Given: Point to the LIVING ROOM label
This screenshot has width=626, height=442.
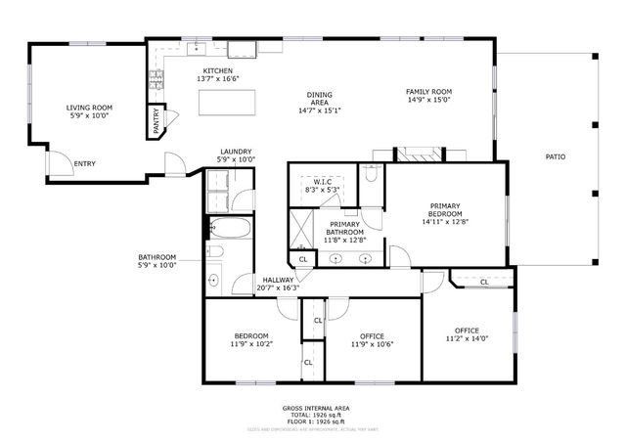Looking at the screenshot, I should point(90,108).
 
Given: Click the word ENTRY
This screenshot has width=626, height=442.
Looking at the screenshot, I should point(85,163).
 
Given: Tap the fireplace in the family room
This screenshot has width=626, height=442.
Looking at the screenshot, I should point(419,154).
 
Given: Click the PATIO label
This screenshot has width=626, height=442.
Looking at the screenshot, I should point(556,156).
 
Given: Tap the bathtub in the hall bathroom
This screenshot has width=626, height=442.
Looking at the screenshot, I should point(231,231).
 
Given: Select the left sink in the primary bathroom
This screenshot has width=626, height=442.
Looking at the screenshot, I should point(337,259).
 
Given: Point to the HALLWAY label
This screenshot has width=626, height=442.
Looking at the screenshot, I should point(277,280).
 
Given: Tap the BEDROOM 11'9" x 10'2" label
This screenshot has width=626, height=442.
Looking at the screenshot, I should point(251,336).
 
